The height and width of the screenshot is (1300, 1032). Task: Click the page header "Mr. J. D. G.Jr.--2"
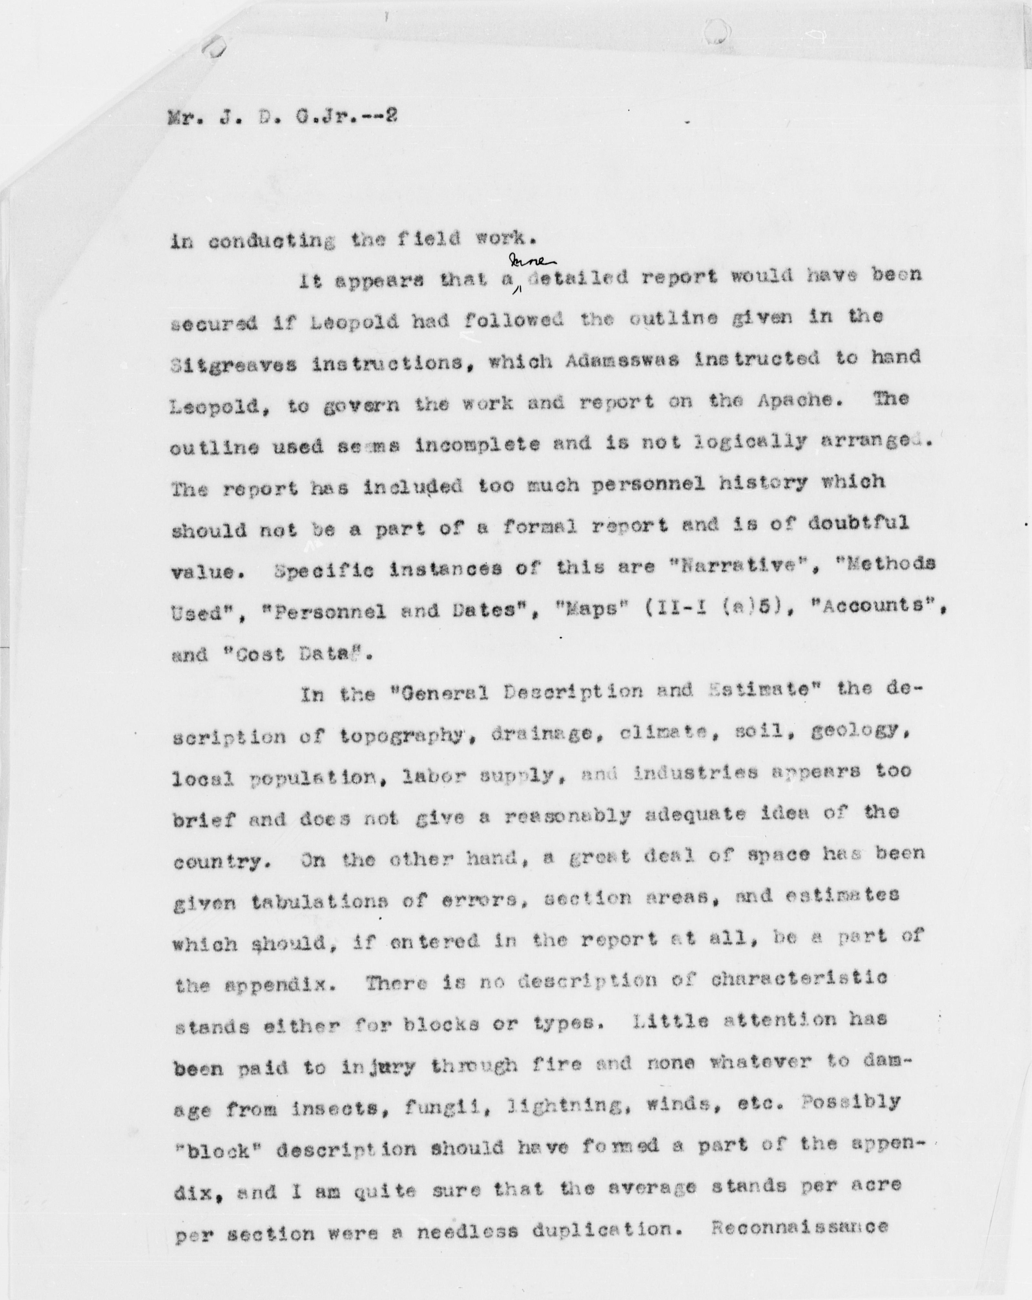[x=282, y=115]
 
